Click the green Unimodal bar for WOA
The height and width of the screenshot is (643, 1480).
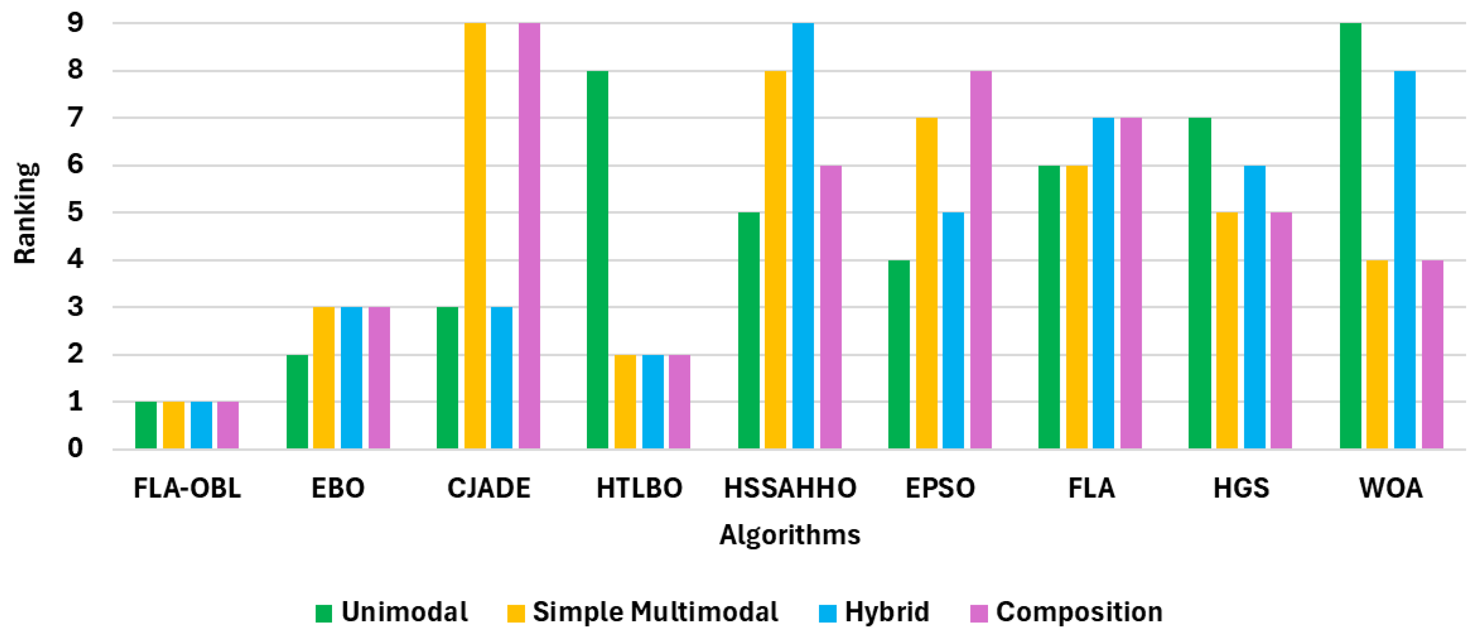pyautogui.click(x=1350, y=236)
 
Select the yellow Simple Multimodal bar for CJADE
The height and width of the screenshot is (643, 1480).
pyautogui.click(x=475, y=236)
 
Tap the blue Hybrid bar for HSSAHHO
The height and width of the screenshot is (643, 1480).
pyautogui.click(x=803, y=236)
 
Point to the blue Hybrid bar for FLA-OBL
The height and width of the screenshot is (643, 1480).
pyautogui.click(x=201, y=425)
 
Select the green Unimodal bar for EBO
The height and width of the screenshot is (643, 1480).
pyautogui.click(x=297, y=402)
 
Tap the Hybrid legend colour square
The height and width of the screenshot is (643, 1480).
pyautogui.click(x=827, y=613)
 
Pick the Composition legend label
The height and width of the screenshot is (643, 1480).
pyautogui.click(x=1079, y=612)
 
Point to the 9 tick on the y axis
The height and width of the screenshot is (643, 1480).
pyautogui.click(x=75, y=23)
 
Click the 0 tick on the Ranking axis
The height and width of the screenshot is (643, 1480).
pyautogui.click(x=75, y=448)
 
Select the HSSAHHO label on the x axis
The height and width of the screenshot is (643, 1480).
pyautogui.click(x=790, y=488)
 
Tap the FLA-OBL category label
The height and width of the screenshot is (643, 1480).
pyautogui.click(x=187, y=488)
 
